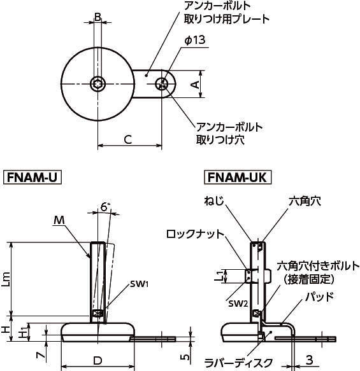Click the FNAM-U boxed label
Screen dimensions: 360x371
click(x=32, y=177)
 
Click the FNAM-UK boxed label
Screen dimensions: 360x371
click(x=238, y=177)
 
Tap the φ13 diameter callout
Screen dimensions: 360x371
click(x=195, y=40)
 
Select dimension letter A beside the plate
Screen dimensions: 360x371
click(x=195, y=85)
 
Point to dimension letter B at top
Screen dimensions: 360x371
click(x=97, y=17)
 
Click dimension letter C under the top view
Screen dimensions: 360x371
click(x=128, y=139)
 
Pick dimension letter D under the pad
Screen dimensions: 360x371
click(x=97, y=361)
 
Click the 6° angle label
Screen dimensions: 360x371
click(x=105, y=207)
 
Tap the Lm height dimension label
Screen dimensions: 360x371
click(x=6, y=279)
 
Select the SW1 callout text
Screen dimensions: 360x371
click(x=140, y=284)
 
